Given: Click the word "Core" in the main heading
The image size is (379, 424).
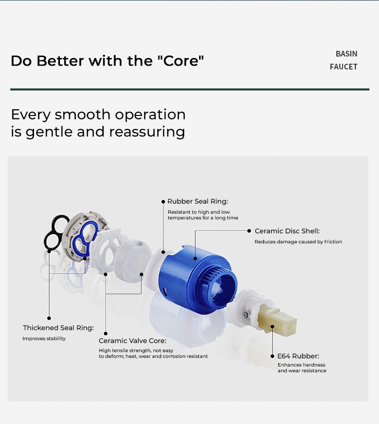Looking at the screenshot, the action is click(181, 60).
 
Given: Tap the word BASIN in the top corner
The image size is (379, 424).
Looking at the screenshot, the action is click(346, 54).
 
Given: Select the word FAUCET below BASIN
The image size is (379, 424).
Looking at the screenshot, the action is click(343, 67).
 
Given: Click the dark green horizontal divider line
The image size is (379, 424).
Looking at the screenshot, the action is click(189, 89).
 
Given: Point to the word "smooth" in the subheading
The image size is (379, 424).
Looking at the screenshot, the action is click(83, 115).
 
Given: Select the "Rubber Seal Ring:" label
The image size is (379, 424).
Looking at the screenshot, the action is click(198, 201).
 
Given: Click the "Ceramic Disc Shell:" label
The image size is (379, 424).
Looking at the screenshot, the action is click(287, 231).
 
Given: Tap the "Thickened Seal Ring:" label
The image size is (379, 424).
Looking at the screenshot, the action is click(58, 328).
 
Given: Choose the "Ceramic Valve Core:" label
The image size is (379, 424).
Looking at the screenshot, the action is click(132, 341).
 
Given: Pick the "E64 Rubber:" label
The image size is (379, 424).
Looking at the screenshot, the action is click(298, 356).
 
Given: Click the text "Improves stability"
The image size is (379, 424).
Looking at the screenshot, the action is click(44, 339).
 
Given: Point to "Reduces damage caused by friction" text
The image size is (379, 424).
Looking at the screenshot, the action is click(298, 242).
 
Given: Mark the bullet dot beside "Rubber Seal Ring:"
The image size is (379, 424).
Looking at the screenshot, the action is click(163, 202).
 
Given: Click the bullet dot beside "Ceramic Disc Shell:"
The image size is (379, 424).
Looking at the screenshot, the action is click(249, 230).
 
